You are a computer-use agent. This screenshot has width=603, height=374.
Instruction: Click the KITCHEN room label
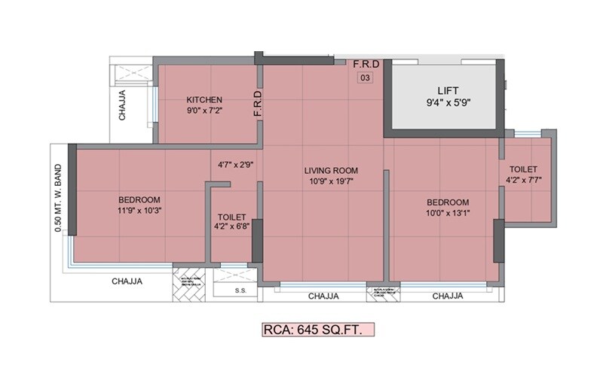[204, 99]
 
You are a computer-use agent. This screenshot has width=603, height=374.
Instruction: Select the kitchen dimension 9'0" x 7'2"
[204, 111]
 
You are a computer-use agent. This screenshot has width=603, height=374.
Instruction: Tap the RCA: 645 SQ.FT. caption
[317, 330]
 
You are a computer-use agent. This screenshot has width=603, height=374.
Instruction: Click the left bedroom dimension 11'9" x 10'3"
[139, 211]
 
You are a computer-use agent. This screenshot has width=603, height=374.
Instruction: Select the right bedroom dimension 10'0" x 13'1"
[448, 214]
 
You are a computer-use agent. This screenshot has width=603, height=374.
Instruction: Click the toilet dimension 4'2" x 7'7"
[524, 181]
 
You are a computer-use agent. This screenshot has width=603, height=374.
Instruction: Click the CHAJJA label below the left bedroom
[127, 281]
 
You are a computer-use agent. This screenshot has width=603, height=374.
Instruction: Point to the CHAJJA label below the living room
[323, 296]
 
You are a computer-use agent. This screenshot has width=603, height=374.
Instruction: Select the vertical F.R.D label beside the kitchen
[257, 104]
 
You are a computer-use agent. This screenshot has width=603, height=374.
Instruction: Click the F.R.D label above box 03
[366, 64]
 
